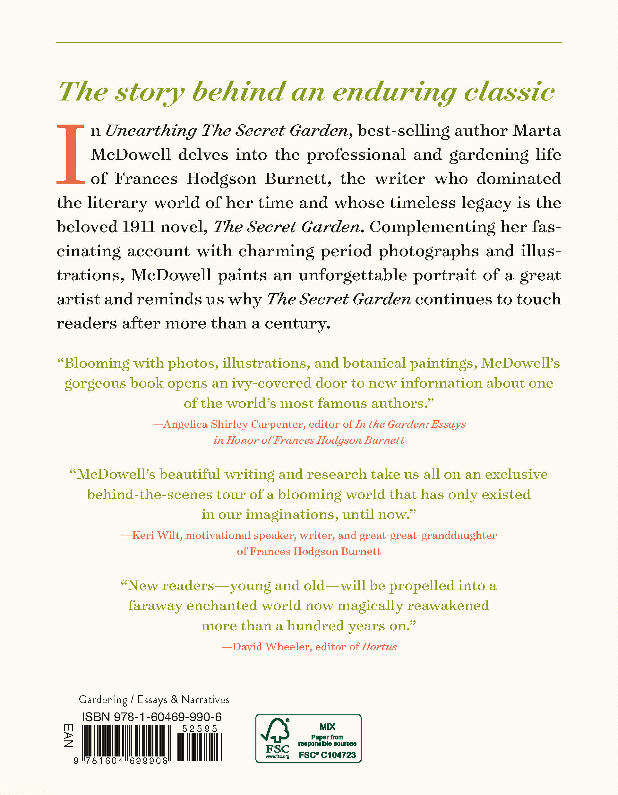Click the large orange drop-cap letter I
pos(71,155)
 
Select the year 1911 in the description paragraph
pos(138,227)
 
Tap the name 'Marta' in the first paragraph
pos(536,131)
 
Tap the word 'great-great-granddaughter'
pos(428,536)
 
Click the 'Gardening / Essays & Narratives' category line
pos(154,700)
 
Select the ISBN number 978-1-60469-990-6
pos(168,717)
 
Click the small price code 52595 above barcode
pos(199,729)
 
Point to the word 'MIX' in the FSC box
pos(327,727)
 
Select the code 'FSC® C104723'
pos(327,755)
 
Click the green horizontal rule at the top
pos(308,43)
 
